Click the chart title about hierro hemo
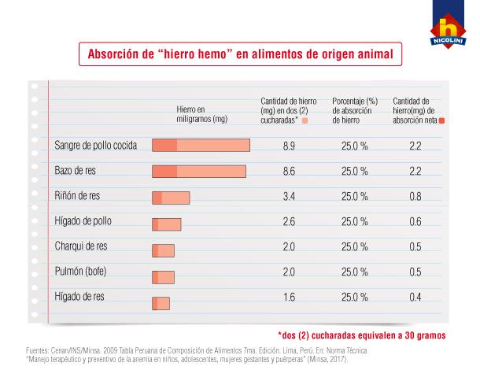pyautogui.click(x=239, y=55)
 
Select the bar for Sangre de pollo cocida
pyautogui.click(x=201, y=146)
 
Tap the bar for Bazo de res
pyautogui.click(x=198, y=171)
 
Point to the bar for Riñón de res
pyautogui.click(x=171, y=198)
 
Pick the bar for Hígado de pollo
pyautogui.click(x=166, y=224)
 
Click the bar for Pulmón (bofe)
pyautogui.click(x=163, y=277)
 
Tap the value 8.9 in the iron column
pyautogui.click(x=288, y=146)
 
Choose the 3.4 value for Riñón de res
pyautogui.click(x=288, y=198)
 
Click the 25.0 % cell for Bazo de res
pyautogui.click(x=355, y=172)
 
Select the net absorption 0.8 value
pyautogui.click(x=415, y=198)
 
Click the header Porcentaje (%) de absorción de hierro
pyautogui.click(x=356, y=111)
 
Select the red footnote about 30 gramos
pyautogui.click(x=362, y=335)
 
